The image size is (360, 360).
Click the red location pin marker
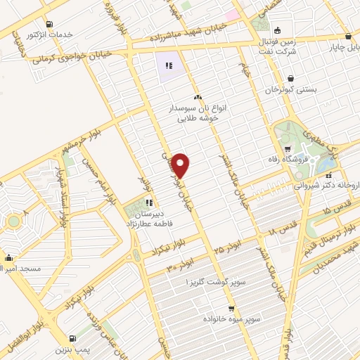181,165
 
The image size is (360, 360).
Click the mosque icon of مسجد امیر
8,257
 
